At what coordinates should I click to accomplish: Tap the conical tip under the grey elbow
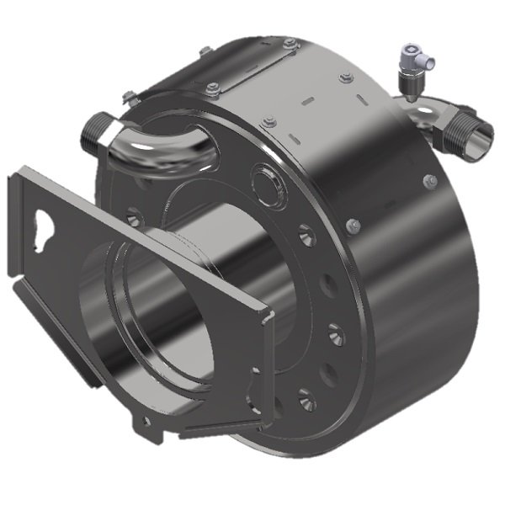(x=408, y=95)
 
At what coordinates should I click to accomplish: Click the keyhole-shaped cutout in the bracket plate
(x=44, y=224)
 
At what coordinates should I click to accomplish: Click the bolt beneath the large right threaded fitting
(x=429, y=181)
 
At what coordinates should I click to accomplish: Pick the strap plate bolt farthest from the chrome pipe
(x=290, y=43)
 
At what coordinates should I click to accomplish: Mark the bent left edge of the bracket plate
(x=15, y=227)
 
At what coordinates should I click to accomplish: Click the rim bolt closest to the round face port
(x=268, y=123)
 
